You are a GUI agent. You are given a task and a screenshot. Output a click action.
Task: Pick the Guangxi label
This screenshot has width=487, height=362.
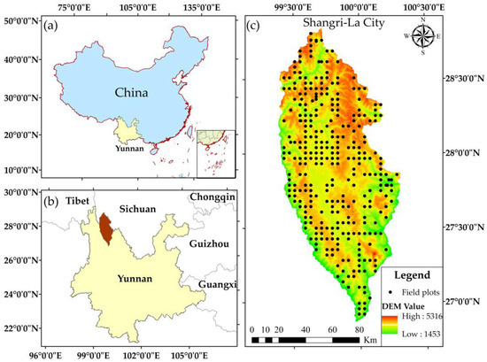click(211, 285)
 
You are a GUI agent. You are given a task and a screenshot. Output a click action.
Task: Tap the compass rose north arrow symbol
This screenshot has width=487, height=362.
click(423, 37)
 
